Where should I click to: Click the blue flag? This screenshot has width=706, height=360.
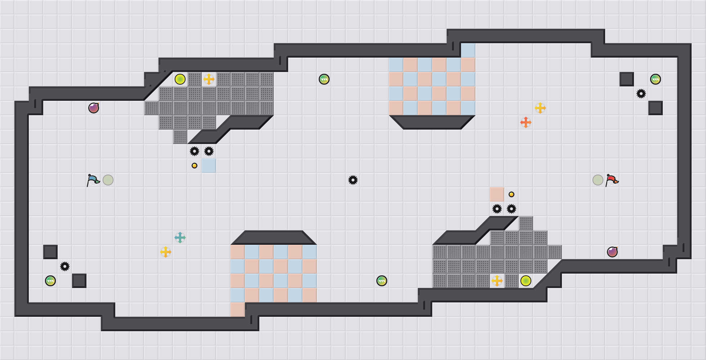93,180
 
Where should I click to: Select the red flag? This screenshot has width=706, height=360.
612,180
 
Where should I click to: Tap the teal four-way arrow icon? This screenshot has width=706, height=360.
180,238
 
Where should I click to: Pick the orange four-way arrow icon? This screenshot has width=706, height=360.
526,122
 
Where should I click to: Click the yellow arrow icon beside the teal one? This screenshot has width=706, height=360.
166,252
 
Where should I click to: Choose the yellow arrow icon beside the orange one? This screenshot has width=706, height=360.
540,108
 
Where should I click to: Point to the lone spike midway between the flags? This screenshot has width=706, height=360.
353,180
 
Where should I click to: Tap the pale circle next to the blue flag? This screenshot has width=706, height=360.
108,180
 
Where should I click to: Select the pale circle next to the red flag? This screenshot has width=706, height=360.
598,180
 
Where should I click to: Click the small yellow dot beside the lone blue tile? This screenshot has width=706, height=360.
195,166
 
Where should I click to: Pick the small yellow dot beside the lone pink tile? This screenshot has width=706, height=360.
511,194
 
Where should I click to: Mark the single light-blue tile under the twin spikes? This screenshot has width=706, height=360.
209,166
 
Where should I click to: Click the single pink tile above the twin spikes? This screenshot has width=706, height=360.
497,194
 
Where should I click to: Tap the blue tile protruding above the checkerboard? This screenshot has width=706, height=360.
468,50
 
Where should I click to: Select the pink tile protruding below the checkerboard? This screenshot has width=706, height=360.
238,310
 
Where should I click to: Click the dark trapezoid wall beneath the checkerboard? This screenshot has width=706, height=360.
432,122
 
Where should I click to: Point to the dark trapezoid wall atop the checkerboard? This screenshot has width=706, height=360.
274,238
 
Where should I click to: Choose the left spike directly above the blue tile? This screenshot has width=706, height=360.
195,151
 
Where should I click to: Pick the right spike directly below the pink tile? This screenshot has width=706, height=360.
511,209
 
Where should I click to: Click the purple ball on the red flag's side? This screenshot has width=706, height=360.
612,252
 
